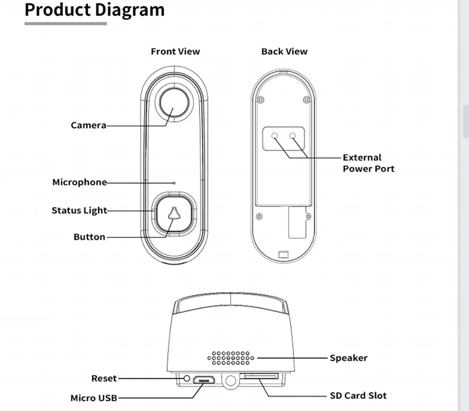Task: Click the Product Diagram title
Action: [94, 10]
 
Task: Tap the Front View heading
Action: [175, 52]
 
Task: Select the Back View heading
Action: [284, 52]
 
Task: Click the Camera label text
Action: [88, 125]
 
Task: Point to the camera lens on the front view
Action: [174, 104]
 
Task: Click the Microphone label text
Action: [79, 182]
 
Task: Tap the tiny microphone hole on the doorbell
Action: [174, 183]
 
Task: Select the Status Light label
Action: [79, 211]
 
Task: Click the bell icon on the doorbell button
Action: [174, 214]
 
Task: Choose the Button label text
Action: [89, 237]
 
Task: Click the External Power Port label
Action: [368, 163]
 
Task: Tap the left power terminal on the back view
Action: [275, 136]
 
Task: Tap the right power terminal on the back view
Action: [293, 136]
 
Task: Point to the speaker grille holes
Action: [230, 358]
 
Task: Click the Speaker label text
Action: [348, 358]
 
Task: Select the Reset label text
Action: [104, 378]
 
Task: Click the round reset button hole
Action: [187, 378]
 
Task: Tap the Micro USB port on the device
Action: [205, 379]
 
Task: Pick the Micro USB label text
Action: [93, 398]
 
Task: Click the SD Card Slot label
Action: [358, 396]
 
